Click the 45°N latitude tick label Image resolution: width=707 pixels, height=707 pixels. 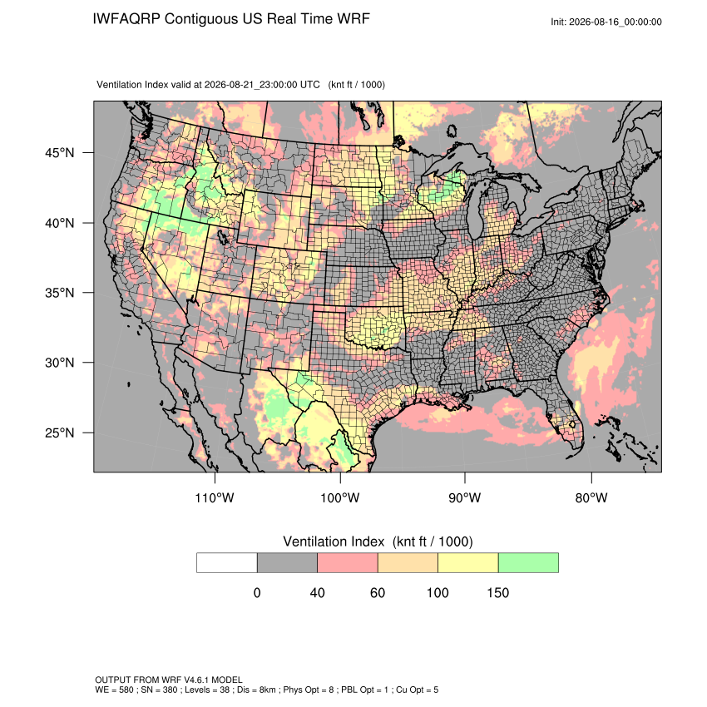click(59, 153)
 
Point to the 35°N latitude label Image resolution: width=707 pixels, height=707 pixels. click(59, 293)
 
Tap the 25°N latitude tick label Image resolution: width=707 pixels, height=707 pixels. click(59, 433)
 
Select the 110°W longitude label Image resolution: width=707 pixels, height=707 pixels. click(215, 497)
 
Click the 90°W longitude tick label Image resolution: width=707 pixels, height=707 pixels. click(464, 497)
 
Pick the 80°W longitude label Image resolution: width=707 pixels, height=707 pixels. click(591, 497)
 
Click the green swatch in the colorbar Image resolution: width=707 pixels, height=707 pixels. click(528, 563)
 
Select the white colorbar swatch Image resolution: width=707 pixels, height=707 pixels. click(227, 563)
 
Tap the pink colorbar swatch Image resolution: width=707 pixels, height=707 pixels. click(348, 563)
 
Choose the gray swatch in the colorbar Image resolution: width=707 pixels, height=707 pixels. click(287, 563)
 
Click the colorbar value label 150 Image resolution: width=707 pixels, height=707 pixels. click(497, 592)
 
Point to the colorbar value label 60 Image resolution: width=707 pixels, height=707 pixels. click(378, 592)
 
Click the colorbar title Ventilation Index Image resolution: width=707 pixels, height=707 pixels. click(334, 541)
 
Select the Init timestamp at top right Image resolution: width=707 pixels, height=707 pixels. click(606, 22)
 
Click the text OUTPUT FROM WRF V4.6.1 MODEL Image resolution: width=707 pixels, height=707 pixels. click(169, 680)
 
